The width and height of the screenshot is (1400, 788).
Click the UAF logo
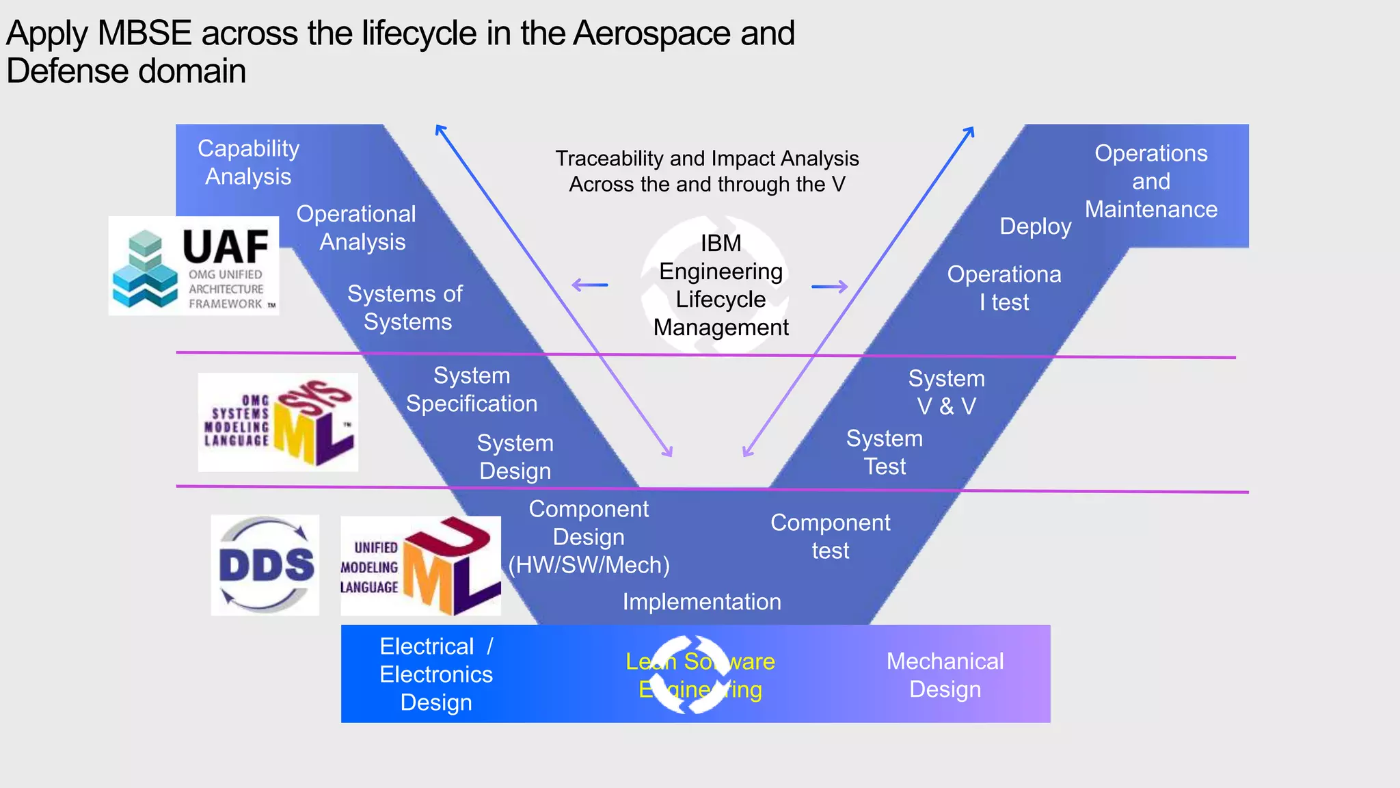tap(193, 266)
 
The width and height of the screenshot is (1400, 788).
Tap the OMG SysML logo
tap(278, 422)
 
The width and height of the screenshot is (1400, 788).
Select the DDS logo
tap(265, 565)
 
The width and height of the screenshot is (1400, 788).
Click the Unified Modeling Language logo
tap(420, 566)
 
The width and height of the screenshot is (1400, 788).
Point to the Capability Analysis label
tap(248, 162)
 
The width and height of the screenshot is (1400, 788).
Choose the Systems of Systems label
tap(406, 308)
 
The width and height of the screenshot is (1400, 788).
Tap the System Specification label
tap(472, 389)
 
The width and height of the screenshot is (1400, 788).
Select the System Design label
tap(515, 457)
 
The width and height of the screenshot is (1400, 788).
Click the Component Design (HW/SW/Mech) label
tap(589, 537)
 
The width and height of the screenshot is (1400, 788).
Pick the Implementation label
tap(701, 602)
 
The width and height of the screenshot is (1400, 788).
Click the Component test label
tap(830, 536)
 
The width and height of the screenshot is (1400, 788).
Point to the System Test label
tap(885, 452)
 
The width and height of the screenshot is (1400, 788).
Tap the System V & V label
tap(946, 392)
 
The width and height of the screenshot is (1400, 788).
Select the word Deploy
tap(1035, 226)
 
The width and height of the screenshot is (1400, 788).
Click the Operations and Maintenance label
tap(1151, 181)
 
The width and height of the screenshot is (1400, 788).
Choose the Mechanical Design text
tap(945, 675)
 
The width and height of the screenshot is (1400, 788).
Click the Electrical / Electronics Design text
tap(436, 674)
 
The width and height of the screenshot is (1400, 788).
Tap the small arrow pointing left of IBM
tap(589, 285)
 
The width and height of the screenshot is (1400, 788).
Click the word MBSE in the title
tap(144, 34)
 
